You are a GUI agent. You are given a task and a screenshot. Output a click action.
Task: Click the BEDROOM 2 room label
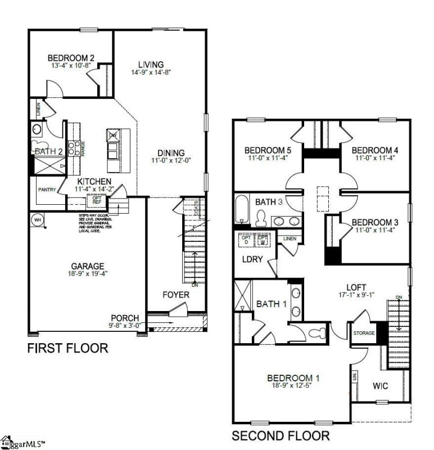point(70,57)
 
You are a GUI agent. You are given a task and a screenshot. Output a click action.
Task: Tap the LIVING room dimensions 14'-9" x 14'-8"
point(151,72)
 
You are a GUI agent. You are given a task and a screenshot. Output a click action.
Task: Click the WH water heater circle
point(38,219)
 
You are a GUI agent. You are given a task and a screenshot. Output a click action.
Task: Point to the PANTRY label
point(47,190)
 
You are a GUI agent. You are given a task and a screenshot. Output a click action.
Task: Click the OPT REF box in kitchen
point(97,200)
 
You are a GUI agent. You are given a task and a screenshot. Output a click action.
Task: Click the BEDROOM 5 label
point(267,150)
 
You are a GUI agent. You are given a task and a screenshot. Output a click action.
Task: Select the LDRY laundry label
point(251,260)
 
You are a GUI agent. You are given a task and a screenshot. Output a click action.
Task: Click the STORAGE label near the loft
point(364,334)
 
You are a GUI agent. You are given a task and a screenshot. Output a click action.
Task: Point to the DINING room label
point(171,153)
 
